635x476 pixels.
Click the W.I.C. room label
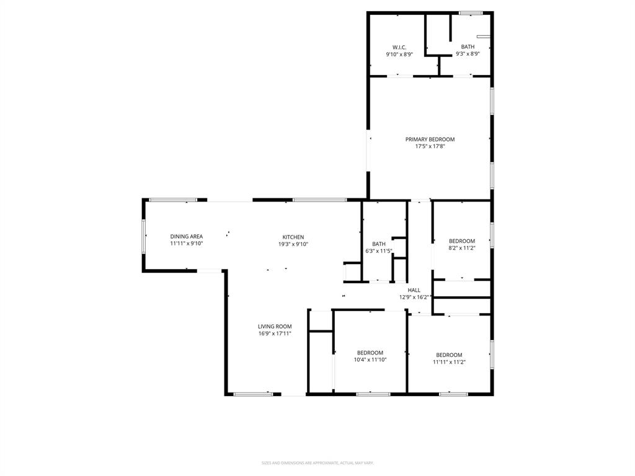[399, 47]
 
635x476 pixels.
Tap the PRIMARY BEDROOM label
[430, 139]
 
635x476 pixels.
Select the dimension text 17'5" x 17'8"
[430, 147]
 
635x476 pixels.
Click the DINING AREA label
[187, 237]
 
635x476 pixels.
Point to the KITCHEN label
[293, 237]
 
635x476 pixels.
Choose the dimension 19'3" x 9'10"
[293, 244]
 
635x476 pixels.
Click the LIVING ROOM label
[275, 327]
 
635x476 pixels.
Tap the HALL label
[414, 290]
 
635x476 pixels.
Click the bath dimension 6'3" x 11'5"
[379, 251]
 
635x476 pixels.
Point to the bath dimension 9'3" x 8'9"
[468, 54]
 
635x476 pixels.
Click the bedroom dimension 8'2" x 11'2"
[462, 248]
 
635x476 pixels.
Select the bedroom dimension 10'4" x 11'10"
[370, 359]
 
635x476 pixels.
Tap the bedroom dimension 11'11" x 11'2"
[449, 362]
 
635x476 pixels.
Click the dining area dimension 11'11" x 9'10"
[187, 244]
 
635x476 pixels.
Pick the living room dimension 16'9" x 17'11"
[275, 333]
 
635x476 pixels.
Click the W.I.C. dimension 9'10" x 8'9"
[399, 54]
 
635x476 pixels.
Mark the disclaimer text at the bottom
[317, 462]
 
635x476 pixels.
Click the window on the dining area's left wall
[144, 236]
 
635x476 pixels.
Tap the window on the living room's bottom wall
[253, 394]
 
